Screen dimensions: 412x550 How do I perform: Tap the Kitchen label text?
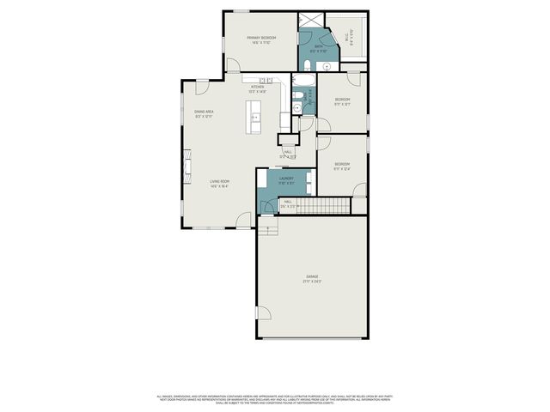[257, 88]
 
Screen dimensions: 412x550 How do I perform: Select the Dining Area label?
[203, 112]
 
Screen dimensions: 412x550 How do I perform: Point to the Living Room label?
[219, 181]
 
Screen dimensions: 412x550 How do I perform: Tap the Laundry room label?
[286, 179]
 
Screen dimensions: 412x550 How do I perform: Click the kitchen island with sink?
[254, 116]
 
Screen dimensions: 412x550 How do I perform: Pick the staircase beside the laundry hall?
[328, 205]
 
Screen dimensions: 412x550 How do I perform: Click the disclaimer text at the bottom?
[275, 398]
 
